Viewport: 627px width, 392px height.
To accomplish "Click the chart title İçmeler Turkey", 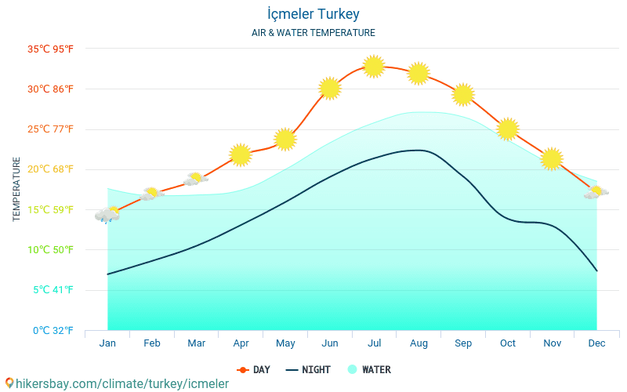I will click(x=313, y=14).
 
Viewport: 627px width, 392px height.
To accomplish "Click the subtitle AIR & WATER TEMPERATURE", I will click(x=313, y=33).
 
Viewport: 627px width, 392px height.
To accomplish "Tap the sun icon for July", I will click(x=374, y=67).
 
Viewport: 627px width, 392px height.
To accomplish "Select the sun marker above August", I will click(x=419, y=74).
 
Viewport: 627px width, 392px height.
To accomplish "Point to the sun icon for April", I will click(x=241, y=155).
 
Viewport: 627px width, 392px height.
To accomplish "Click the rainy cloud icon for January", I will click(x=107, y=214).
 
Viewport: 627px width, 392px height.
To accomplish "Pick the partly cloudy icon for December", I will click(x=596, y=192).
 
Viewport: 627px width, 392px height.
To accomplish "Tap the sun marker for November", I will click(x=552, y=158).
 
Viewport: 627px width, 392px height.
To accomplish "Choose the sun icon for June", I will click(x=330, y=89).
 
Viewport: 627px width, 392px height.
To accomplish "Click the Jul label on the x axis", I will click(x=375, y=343).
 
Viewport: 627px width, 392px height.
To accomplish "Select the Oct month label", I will click(x=508, y=343).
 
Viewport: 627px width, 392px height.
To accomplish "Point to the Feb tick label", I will click(x=152, y=343).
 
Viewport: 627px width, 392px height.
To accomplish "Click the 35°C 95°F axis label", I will click(x=50, y=49).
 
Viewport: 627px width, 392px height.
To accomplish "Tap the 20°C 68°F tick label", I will click(x=50, y=169).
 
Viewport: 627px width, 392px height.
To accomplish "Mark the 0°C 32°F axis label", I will click(x=52, y=330).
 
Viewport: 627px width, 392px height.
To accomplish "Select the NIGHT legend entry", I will click(x=308, y=370).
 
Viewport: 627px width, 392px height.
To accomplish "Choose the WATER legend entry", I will click(x=369, y=370).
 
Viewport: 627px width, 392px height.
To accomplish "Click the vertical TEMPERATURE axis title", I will click(x=17, y=189).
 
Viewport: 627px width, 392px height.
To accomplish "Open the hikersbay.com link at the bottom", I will click(x=118, y=384).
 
